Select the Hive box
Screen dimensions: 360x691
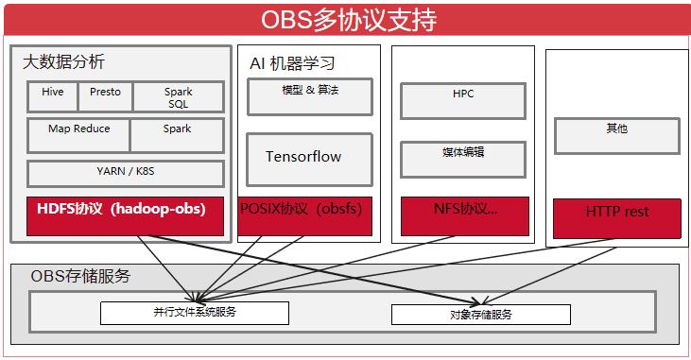(53, 96)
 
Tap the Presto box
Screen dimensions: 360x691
(105, 96)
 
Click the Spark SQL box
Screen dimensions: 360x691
(178, 97)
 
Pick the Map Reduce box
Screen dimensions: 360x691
(78, 134)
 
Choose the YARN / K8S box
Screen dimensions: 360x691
(125, 172)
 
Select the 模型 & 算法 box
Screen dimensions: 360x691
(309, 96)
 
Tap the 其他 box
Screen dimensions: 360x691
(616, 135)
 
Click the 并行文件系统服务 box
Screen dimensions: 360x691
(194, 313)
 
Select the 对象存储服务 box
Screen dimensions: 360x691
(480, 314)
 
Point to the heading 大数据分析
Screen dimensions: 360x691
(63, 62)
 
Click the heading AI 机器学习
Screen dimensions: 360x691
(292, 63)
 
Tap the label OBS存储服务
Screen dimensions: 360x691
(80, 276)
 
